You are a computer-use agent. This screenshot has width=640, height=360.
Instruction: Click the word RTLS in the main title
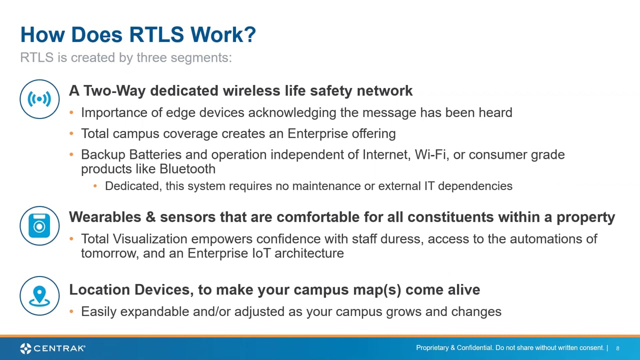(156, 34)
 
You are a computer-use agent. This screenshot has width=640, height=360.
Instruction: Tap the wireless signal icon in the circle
(39, 99)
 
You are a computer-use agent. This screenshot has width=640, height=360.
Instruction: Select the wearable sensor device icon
(39, 225)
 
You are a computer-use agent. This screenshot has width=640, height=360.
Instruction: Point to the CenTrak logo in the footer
(52, 348)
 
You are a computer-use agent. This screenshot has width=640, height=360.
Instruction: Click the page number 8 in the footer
(617, 348)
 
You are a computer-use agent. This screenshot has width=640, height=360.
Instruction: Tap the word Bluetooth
(187, 169)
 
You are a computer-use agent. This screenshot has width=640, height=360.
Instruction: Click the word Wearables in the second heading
(105, 217)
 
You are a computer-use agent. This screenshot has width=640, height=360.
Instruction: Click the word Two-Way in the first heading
(114, 91)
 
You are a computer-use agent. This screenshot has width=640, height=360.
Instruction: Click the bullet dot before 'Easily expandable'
(71, 311)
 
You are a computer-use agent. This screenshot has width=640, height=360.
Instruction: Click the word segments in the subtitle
(201, 57)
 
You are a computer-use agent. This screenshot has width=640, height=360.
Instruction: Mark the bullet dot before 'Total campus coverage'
(71, 133)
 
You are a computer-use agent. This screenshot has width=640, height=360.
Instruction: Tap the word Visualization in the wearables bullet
(149, 239)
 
